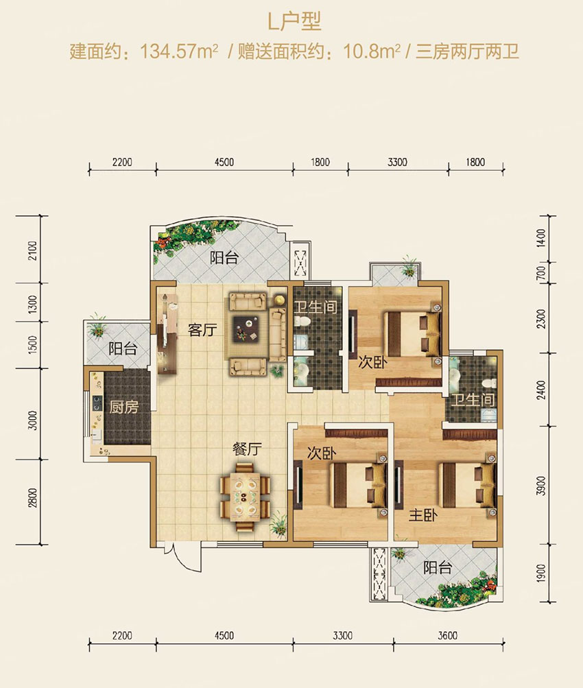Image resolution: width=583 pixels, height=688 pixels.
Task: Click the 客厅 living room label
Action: tap(202, 329)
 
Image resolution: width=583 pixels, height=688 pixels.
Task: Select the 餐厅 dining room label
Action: tap(247, 449)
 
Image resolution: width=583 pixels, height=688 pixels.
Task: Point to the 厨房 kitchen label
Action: tap(123, 407)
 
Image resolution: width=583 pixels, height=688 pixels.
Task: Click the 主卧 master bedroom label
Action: tap(423, 516)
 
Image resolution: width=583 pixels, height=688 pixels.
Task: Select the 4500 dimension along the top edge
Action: tap(224, 163)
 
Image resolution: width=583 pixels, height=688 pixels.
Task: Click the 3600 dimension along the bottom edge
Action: tap(447, 635)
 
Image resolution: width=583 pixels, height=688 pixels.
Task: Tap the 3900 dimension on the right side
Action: tap(542, 485)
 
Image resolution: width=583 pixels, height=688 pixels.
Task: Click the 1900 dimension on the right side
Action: tap(542, 573)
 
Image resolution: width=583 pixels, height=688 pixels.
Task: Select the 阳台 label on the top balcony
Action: tap(224, 257)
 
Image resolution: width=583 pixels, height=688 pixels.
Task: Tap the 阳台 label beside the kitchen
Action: tap(123, 349)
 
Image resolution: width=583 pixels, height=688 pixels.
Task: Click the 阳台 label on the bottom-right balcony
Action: tap(438, 568)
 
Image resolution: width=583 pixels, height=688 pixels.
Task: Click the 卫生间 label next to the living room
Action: tap(316, 307)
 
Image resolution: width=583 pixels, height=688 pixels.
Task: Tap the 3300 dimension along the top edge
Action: tap(397, 163)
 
